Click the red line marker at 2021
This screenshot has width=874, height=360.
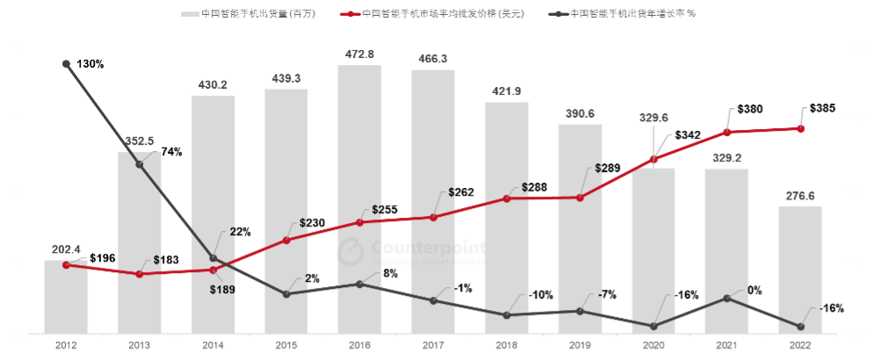coord(726,133)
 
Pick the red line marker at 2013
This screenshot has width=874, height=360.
coord(140,274)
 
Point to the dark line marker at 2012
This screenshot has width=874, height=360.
coord(67,64)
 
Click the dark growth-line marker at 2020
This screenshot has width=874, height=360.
coord(653,326)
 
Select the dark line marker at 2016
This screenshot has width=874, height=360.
coord(359,284)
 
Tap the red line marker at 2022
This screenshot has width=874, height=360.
coord(800,129)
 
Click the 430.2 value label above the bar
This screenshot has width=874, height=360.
coord(213,85)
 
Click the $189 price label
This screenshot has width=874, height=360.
coord(223,289)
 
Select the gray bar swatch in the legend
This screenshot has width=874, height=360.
coord(189,14)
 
